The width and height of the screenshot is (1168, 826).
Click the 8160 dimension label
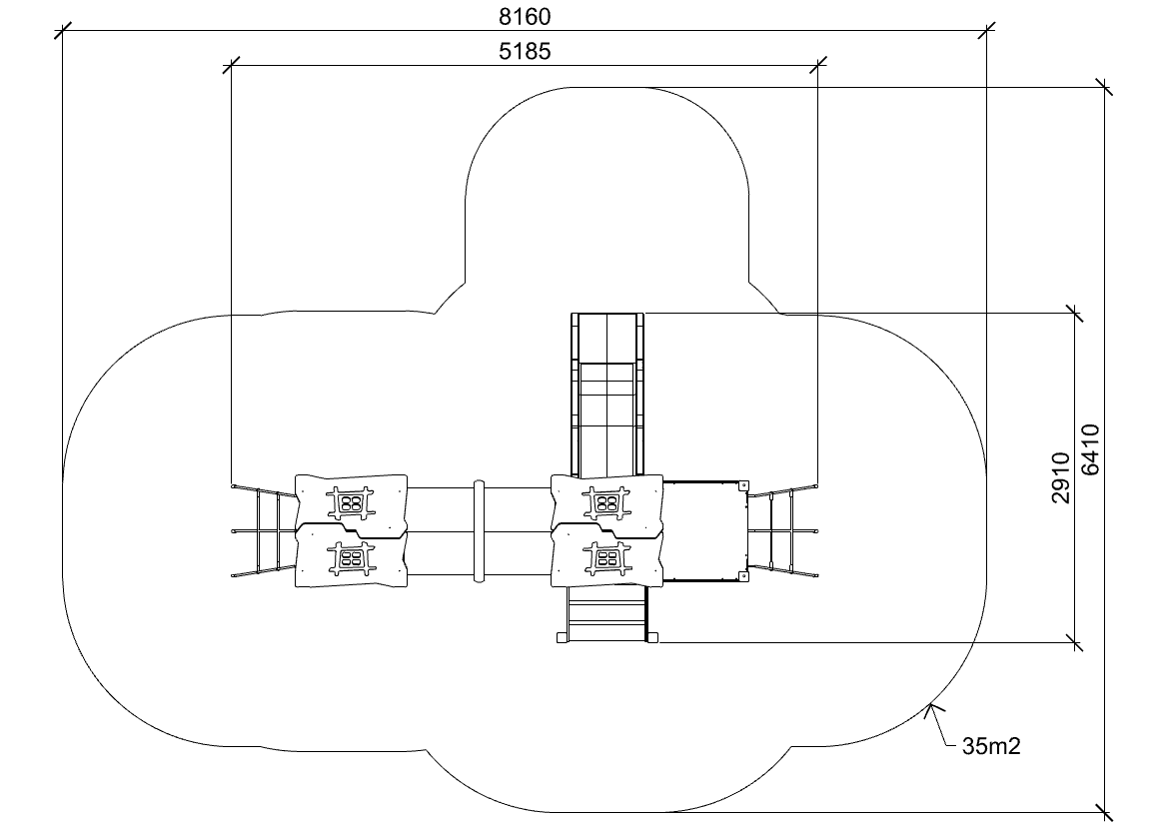click(x=525, y=16)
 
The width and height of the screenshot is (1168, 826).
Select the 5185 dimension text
click(x=525, y=51)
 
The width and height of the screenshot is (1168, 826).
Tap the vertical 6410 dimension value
click(x=1090, y=449)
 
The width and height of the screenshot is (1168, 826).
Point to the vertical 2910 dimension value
click(x=1061, y=477)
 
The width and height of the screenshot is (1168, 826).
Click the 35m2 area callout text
click(x=991, y=745)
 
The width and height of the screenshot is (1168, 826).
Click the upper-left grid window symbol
click(x=352, y=502)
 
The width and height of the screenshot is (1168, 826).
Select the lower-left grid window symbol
click(x=352, y=558)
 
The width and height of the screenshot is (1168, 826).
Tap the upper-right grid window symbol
click(x=607, y=502)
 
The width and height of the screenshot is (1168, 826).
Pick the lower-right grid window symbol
click(x=607, y=558)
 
